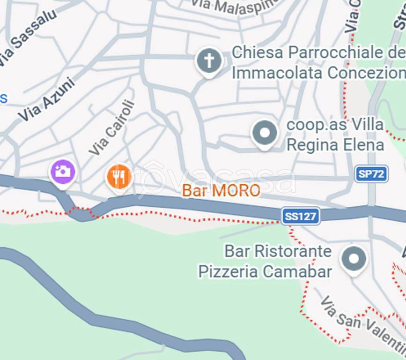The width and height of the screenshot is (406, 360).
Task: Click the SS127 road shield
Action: [x=301, y=216]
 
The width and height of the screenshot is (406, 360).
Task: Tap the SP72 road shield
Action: [x=371, y=174]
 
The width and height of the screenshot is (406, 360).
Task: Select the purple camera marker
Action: [x=63, y=172]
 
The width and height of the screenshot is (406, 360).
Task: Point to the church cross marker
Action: [x=209, y=60]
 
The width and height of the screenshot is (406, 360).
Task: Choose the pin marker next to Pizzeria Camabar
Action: [x=354, y=259]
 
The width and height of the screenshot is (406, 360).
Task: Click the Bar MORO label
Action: [x=221, y=191]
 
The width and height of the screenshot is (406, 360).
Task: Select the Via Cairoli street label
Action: [x=112, y=127]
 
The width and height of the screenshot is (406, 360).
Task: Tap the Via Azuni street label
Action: [x=46, y=99]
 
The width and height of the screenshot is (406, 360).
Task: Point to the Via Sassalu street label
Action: [x=28, y=37]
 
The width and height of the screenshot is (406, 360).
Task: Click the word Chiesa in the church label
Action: [x=258, y=52]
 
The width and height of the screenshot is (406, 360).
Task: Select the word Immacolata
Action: [x=277, y=73]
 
